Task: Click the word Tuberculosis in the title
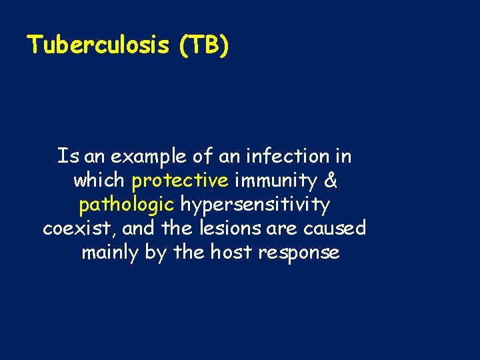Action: [x=99, y=45]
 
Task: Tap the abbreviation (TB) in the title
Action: [x=203, y=45]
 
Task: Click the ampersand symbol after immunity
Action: [x=330, y=181]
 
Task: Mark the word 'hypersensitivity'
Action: [x=255, y=205]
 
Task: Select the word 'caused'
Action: [x=335, y=229]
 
